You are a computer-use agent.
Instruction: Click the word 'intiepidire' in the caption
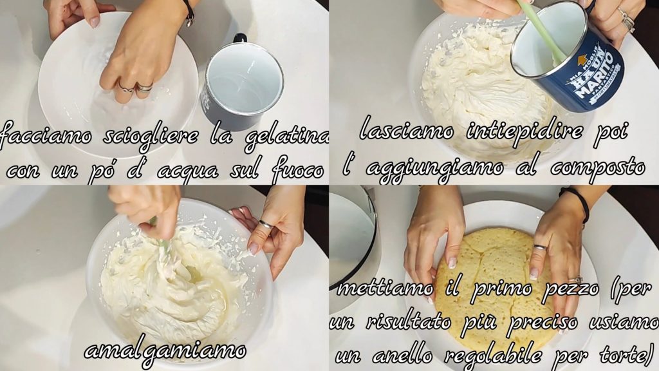[x=524, y=131]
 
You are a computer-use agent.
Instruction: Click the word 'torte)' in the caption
[x=627, y=356]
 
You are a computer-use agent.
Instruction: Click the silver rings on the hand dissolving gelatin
[x=136, y=88]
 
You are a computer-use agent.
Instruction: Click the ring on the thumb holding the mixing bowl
[x=266, y=224]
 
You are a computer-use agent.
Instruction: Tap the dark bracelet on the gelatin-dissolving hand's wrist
[x=189, y=13]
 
